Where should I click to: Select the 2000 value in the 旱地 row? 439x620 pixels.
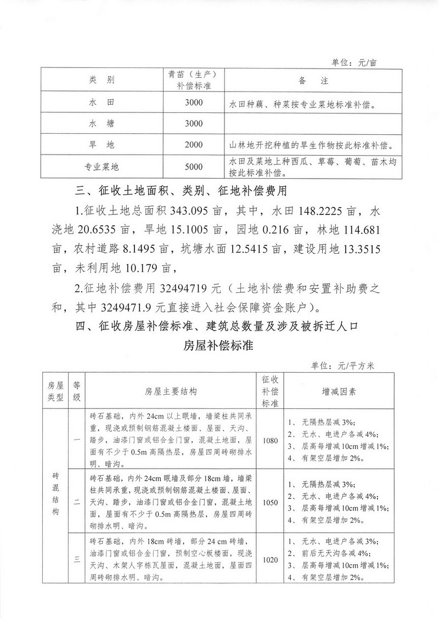coord(194,145)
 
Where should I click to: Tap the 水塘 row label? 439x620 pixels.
coord(101,123)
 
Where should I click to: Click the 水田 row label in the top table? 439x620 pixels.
coord(101,102)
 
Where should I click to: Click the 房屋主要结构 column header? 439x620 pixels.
coord(171,391)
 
